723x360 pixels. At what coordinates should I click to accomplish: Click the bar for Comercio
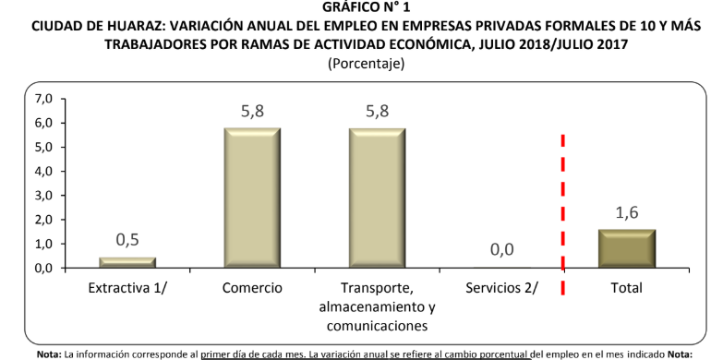pos(252,198)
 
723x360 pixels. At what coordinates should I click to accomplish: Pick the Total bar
pos(626,248)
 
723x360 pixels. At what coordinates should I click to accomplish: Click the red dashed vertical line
pos(563,212)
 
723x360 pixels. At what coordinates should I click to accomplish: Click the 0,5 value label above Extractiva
pos(128,240)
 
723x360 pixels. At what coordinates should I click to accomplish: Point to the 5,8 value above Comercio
pos(252,111)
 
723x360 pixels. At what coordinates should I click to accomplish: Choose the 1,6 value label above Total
pos(626,212)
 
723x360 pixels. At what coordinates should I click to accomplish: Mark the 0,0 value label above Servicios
pos(502,250)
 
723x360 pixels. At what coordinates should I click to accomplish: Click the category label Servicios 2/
pos(502,288)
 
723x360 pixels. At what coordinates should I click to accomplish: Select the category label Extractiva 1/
pos(128,288)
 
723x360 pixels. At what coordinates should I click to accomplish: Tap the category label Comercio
pos(252,288)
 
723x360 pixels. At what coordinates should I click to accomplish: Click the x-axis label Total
pos(626,288)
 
